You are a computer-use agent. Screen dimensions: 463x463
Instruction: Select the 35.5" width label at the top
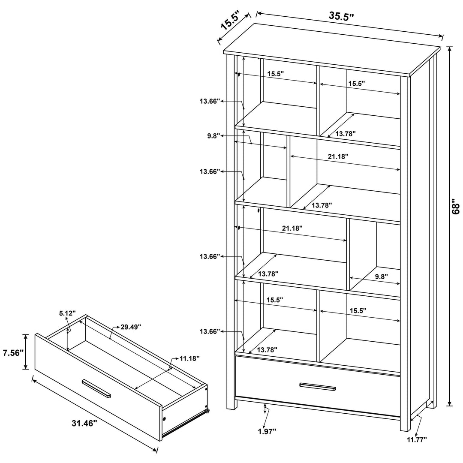coord(341,16)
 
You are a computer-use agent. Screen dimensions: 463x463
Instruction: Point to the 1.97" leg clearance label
coord(267,431)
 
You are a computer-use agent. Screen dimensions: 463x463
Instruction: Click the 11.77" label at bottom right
coord(416,439)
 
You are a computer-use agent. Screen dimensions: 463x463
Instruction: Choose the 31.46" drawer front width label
coord(84,423)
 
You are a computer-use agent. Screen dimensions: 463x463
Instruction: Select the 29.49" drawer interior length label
coord(130,327)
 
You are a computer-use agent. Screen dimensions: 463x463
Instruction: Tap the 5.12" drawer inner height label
coord(68,313)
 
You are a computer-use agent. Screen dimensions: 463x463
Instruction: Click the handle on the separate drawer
coord(96,388)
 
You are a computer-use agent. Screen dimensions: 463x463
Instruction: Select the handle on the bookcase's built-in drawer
coord(318,387)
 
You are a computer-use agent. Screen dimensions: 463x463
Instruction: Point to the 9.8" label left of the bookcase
coord(213,136)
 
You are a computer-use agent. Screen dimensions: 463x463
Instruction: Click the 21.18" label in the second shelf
coord(338,156)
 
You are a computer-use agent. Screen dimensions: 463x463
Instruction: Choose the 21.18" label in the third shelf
coord(292,228)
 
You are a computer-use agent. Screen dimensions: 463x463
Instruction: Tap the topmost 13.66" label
coord(210,101)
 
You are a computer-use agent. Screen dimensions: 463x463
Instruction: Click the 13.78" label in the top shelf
coord(345,133)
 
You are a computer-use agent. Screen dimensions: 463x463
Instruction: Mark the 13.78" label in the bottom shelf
coord(267,350)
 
